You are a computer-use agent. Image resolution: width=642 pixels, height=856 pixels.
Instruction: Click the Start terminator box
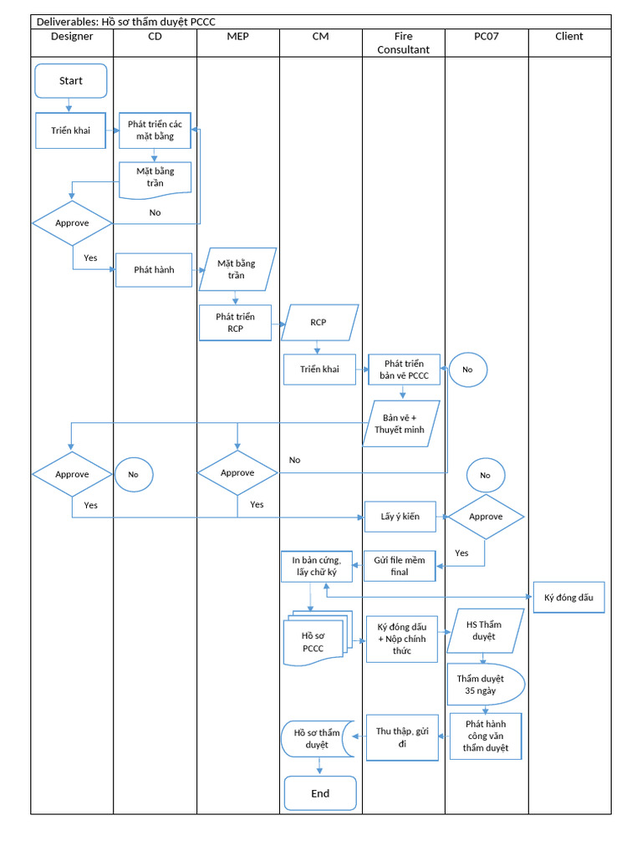(71, 81)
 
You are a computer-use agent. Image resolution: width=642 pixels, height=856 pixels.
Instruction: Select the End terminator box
(320, 793)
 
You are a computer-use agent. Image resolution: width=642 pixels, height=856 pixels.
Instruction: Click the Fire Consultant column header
(403, 43)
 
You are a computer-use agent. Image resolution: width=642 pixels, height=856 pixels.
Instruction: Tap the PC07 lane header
(486, 37)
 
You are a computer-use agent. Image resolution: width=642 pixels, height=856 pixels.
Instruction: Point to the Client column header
(568, 37)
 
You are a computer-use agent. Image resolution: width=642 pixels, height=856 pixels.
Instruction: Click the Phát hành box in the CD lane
(154, 270)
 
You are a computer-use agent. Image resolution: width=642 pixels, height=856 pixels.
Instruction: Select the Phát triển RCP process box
(235, 323)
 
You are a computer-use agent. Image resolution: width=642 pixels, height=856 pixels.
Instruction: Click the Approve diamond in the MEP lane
(237, 473)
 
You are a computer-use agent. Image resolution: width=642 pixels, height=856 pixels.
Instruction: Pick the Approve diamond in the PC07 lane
(486, 517)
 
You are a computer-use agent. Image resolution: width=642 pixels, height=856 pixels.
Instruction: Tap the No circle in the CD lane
(134, 474)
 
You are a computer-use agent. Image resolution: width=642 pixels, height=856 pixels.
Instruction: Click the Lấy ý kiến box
(400, 517)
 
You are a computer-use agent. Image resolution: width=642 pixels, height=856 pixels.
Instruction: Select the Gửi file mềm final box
(400, 566)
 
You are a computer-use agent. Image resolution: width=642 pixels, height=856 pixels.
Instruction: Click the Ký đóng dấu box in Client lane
(568, 598)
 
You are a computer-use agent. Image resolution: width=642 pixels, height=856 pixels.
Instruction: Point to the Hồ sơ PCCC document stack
(313, 641)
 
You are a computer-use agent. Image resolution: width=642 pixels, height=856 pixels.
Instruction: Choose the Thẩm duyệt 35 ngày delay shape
(485, 685)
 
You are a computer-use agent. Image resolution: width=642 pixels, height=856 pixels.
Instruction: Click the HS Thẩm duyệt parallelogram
(485, 630)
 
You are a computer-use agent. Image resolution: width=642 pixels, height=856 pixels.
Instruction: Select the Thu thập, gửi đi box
(402, 737)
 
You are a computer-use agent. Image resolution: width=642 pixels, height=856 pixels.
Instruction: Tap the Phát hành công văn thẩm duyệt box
(486, 736)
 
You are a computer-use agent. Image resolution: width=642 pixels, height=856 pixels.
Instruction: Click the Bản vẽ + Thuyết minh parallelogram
(400, 424)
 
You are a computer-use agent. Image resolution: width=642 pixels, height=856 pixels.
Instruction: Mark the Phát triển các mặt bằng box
(155, 130)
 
